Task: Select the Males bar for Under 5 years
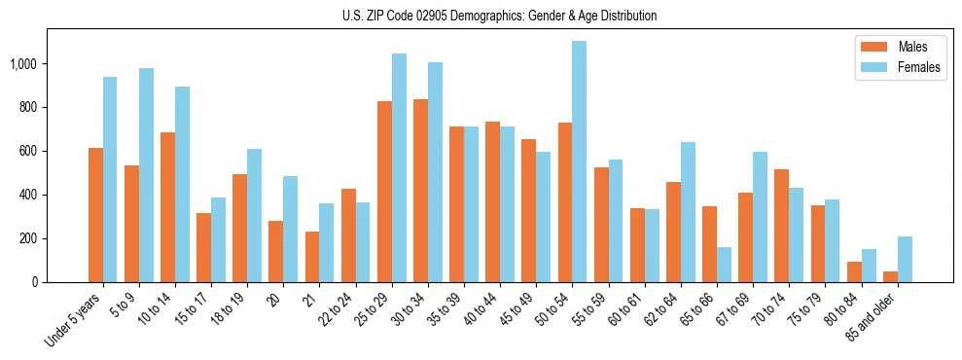coord(95,215)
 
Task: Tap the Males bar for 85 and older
coord(890,276)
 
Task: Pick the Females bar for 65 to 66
coord(724,265)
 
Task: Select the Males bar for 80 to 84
coord(854,271)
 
